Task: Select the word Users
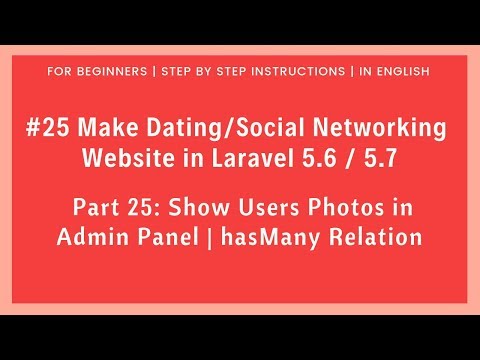[262, 208]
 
